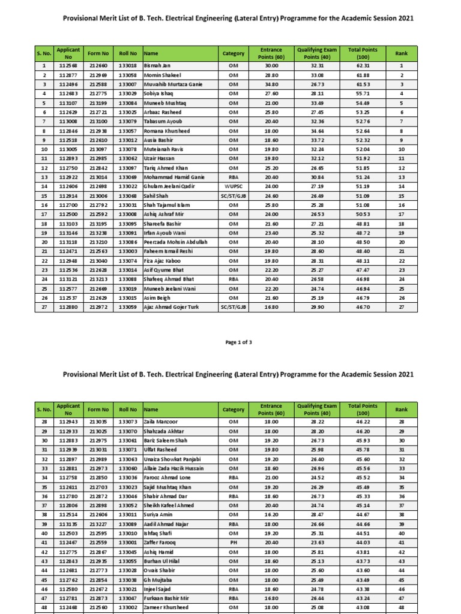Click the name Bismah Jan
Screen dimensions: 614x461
(157, 65)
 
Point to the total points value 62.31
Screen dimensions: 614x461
(361, 65)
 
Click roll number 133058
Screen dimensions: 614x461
(128, 75)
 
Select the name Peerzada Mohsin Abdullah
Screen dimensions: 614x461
(175, 242)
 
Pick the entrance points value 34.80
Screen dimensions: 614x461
(271, 84)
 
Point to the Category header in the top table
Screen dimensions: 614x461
(234, 54)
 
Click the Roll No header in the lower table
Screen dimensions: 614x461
(128, 410)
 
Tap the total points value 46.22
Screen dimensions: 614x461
(361, 422)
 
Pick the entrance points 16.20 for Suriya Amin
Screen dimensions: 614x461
(271, 514)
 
